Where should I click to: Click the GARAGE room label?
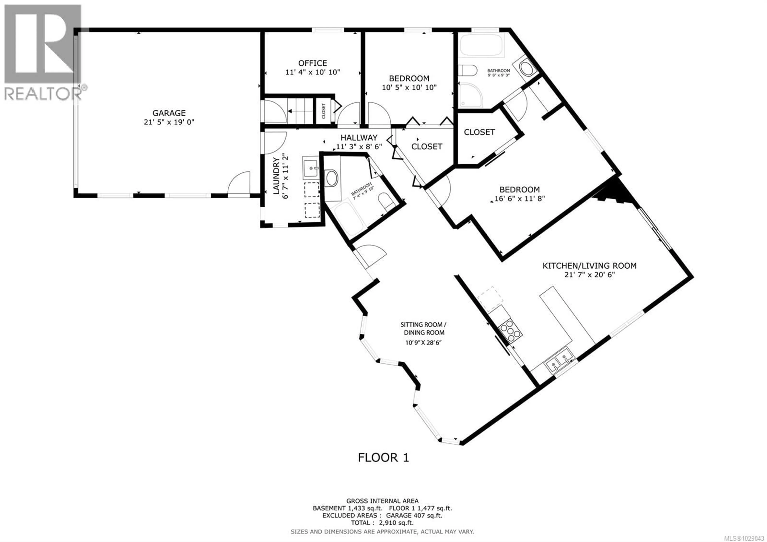pyautogui.click(x=169, y=113)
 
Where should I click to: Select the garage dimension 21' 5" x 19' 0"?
pyautogui.click(x=169, y=122)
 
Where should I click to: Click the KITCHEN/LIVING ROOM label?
pyautogui.click(x=589, y=266)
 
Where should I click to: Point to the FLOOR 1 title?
pyautogui.click(x=383, y=457)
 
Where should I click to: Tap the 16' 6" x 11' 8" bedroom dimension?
pyautogui.click(x=520, y=198)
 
